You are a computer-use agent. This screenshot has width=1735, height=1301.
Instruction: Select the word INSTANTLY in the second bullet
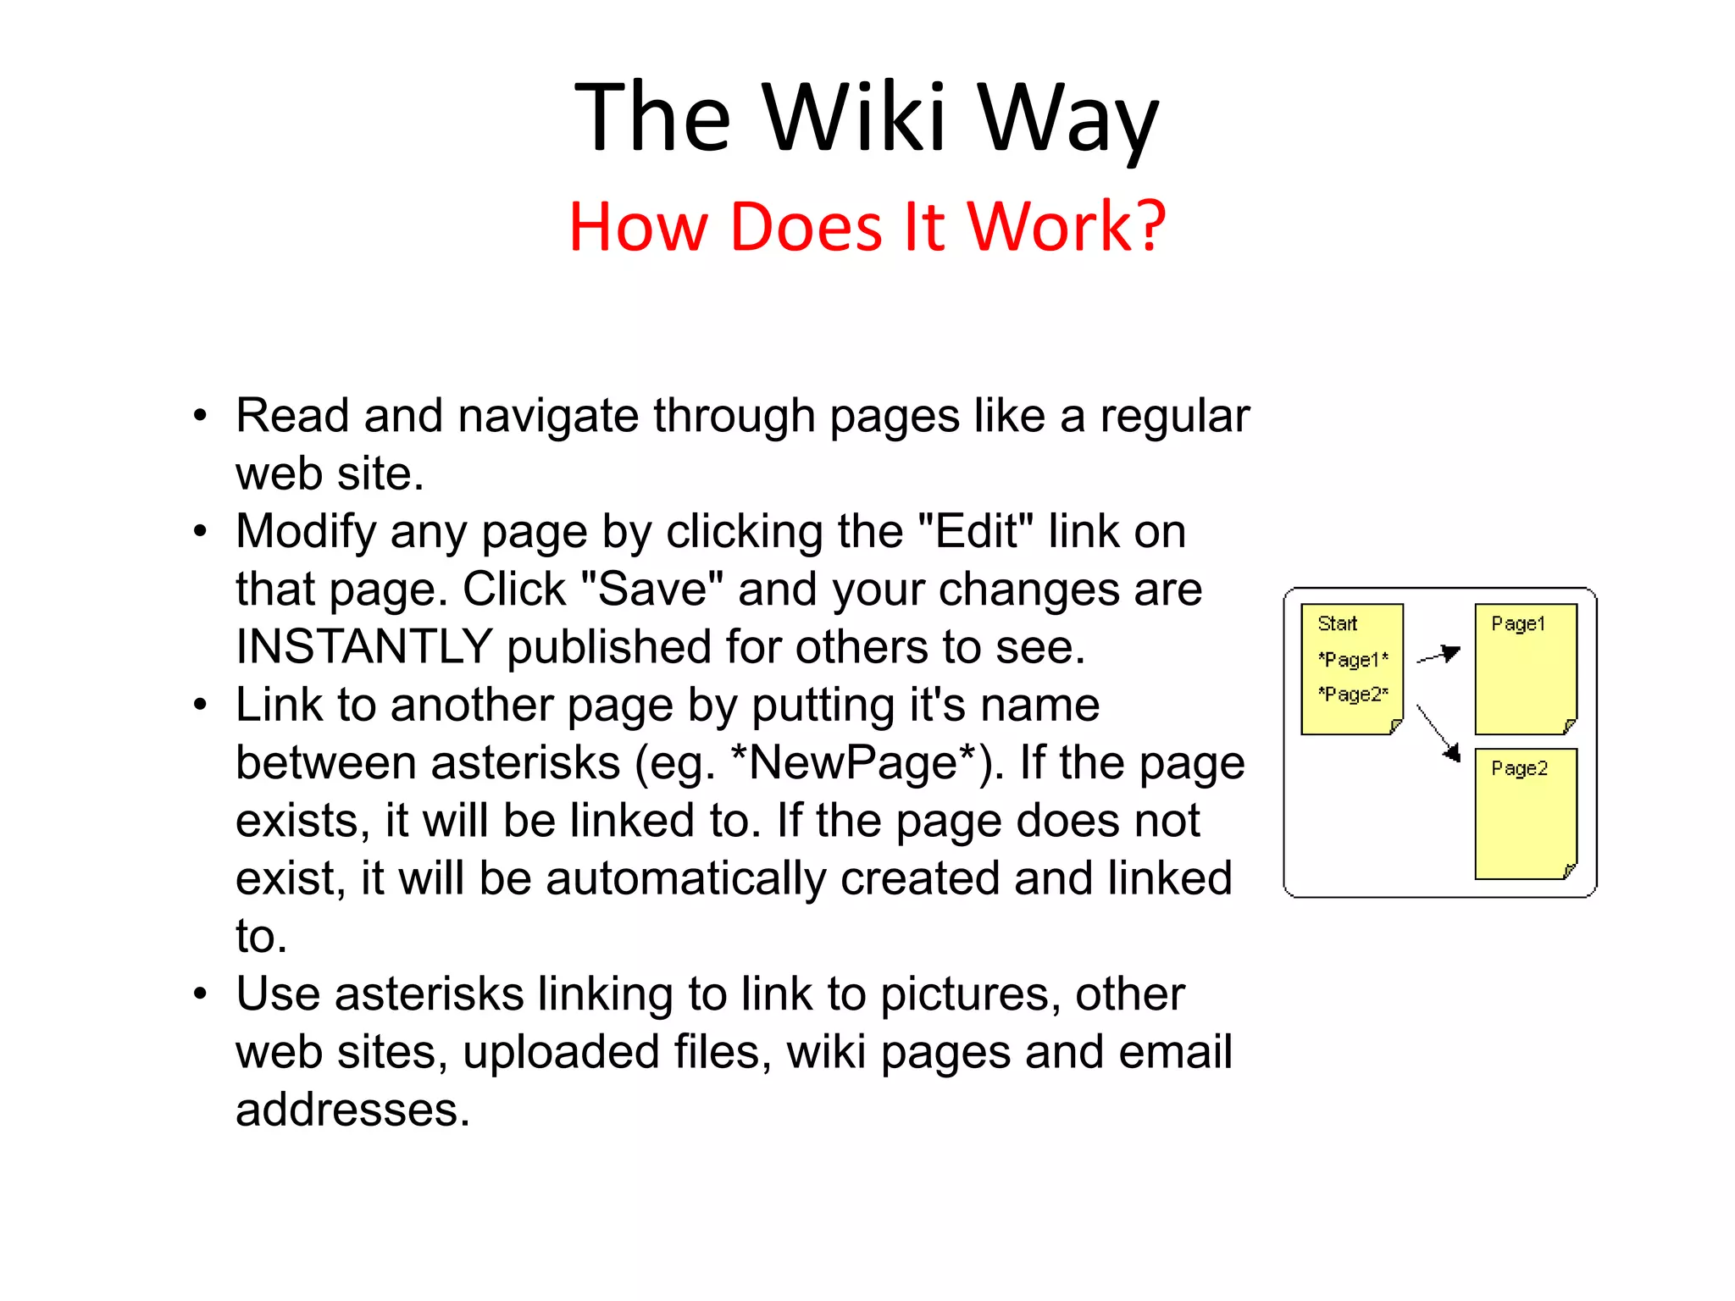[x=364, y=647]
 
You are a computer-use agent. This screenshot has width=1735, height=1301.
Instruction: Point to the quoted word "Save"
[x=652, y=590]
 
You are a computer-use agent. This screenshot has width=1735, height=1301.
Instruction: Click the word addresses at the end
[x=352, y=1110]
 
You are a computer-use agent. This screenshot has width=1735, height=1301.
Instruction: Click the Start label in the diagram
[x=1337, y=624]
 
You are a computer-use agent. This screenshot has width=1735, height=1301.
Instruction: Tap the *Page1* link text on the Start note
[x=1353, y=660]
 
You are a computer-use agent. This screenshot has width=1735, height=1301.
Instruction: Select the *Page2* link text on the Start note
[x=1353, y=695]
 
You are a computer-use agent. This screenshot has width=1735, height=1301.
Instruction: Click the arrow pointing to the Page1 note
[x=1439, y=655]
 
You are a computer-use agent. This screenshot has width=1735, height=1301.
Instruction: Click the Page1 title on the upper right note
[x=1518, y=624]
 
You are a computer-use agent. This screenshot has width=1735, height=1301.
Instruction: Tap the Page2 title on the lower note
[x=1519, y=769]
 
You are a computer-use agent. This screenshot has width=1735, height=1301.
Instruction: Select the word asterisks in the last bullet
[x=430, y=994]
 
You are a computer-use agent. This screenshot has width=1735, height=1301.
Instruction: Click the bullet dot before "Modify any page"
[x=200, y=532]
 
